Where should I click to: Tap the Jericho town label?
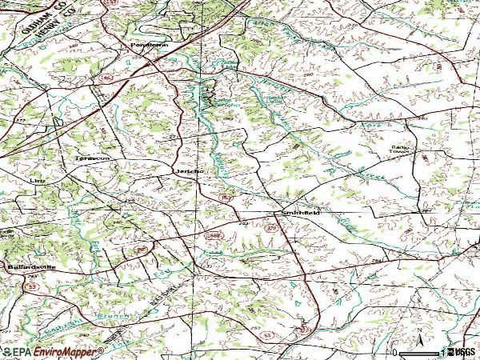[x=189, y=171]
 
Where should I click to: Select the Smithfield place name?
[x=300, y=214]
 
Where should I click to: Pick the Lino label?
[x=35, y=182]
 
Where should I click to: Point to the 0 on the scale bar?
[x=395, y=352]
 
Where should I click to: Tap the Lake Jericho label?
[x=224, y=104]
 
